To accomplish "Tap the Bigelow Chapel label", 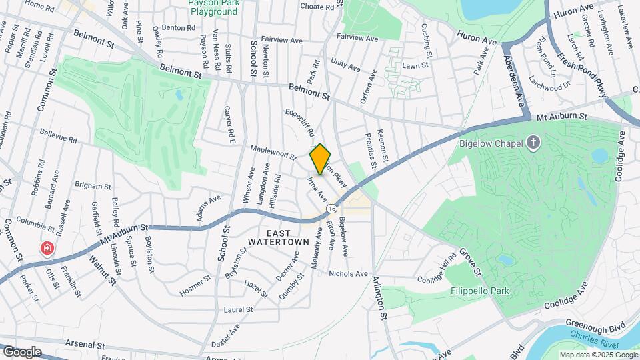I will pyautogui.click(x=492, y=142).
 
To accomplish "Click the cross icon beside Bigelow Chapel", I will pyautogui.click(x=533, y=142).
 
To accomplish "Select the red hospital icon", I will pyautogui.click(x=47, y=249).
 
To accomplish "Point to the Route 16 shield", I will pyautogui.click(x=331, y=209).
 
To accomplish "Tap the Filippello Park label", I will pyautogui.click(x=479, y=291).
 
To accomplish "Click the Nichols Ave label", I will pyautogui.click(x=348, y=273).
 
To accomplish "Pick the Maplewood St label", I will pyautogui.click(x=273, y=153).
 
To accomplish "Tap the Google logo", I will pyautogui.click(x=22, y=351).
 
